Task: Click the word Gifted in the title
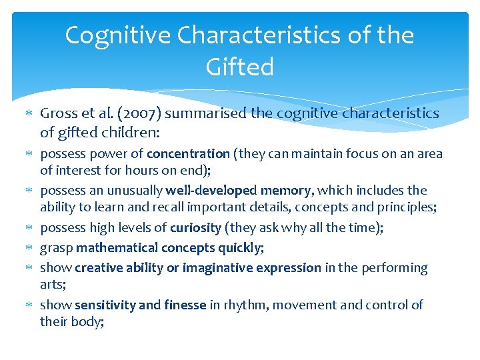point(240,67)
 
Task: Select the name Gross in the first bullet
point(60,113)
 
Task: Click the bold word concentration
point(188,154)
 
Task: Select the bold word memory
point(286,191)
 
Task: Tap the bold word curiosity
point(195,228)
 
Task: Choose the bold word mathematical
point(113,248)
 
